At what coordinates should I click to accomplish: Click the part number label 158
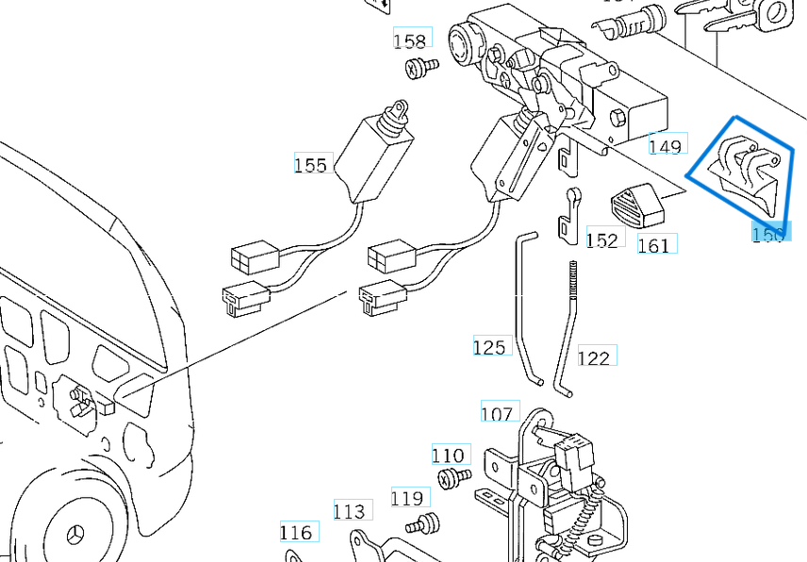pyautogui.click(x=410, y=41)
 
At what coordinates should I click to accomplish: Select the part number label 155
pyautogui.click(x=310, y=165)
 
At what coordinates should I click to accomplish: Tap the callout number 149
pyautogui.click(x=665, y=146)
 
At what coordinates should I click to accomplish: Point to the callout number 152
pyautogui.click(x=601, y=240)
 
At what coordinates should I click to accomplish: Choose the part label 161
pyautogui.click(x=653, y=245)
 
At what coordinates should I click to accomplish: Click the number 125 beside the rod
pyautogui.click(x=489, y=348)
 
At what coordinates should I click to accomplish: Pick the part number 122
pyautogui.click(x=594, y=357)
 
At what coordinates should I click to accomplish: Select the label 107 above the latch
pyautogui.click(x=497, y=413)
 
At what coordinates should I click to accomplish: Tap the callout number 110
pyautogui.click(x=449, y=455)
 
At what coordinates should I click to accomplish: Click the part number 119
pyautogui.click(x=408, y=498)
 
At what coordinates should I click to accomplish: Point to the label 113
pyautogui.click(x=349, y=511)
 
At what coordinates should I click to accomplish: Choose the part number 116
pyautogui.click(x=296, y=533)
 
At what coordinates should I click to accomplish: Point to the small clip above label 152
pyautogui.click(x=568, y=215)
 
